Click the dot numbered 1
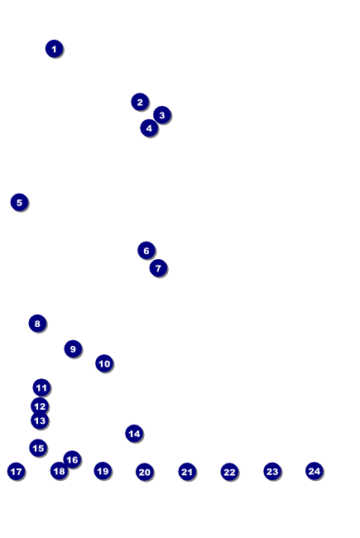tap(55, 49)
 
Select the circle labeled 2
tap(140, 102)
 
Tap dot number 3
tap(162, 115)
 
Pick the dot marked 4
tap(149, 128)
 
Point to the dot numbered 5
tap(19, 203)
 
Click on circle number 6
tap(146, 251)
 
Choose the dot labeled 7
tap(158, 268)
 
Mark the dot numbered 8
tap(37, 323)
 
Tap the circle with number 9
tap(73, 349)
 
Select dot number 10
tap(104, 363)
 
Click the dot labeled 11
tap(41, 387)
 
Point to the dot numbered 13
tap(40, 420)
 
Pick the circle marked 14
tap(134, 434)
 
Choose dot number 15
tap(38, 448)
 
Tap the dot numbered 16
tap(72, 459)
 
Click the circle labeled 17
tap(16, 472)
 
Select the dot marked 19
tap(103, 471)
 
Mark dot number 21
tap(187, 472)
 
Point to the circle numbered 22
tap(229, 472)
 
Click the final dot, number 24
tap(314, 471)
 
